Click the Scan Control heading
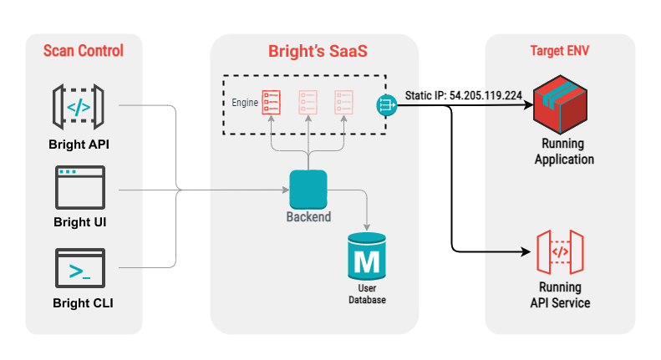(84, 51)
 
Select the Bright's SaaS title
(318, 51)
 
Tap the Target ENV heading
(559, 51)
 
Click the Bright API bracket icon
(79, 107)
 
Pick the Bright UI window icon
(80, 188)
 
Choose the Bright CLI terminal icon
(80, 268)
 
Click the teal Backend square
(308, 190)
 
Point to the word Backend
(308, 216)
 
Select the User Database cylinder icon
(367, 256)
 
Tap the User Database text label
(367, 294)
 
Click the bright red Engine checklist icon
(271, 103)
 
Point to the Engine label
(245, 103)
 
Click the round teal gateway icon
(387, 105)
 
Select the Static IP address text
(464, 96)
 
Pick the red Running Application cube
(560, 104)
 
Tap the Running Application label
(564, 151)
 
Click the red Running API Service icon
(560, 252)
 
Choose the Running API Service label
(560, 295)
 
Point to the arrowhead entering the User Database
(367, 227)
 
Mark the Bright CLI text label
(83, 303)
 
